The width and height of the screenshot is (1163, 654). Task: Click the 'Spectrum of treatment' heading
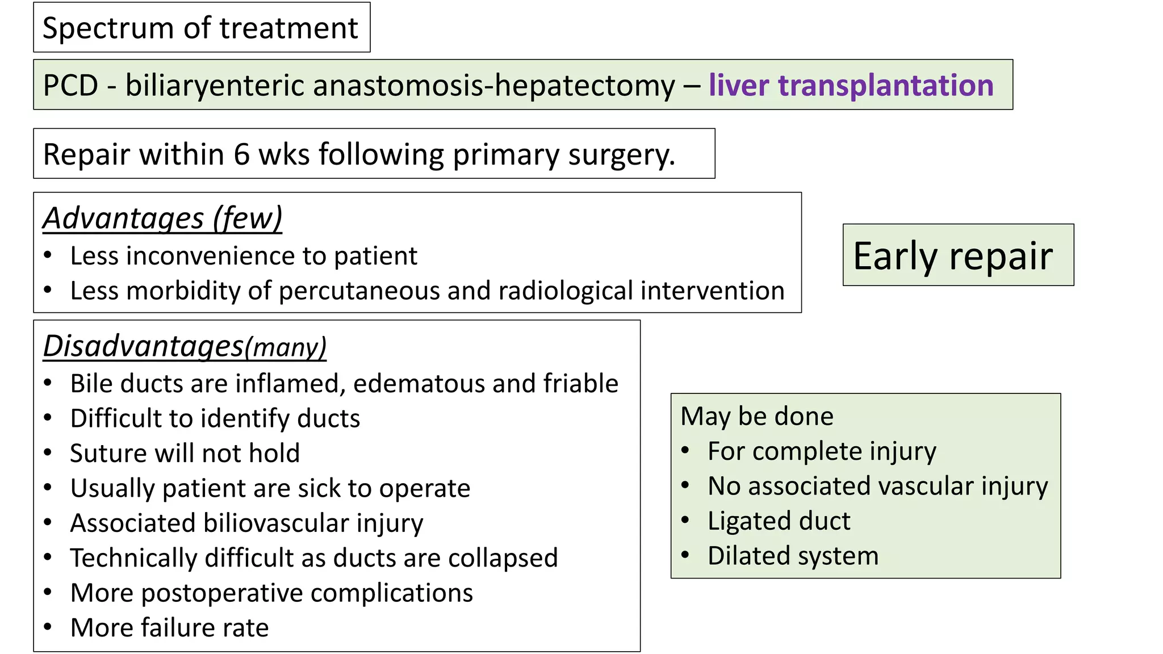coord(200,28)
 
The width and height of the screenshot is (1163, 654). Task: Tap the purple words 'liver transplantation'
coord(851,85)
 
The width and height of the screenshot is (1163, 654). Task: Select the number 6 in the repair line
coord(241,154)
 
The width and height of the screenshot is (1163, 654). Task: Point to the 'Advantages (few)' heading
coord(162,218)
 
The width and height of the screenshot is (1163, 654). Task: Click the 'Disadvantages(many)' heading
coord(185,346)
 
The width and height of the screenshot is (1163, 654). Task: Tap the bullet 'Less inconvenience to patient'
coord(244,256)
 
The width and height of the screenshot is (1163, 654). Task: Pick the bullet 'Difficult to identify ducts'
coord(215,418)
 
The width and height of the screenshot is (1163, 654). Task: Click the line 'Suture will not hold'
coord(185,453)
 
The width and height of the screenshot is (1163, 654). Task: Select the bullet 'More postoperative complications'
coord(271,593)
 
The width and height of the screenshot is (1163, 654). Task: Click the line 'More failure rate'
coord(169,628)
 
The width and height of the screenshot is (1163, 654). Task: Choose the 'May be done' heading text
coord(757,416)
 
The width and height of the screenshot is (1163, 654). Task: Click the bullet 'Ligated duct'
coord(779,521)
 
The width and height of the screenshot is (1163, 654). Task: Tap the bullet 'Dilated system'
coord(793,556)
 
